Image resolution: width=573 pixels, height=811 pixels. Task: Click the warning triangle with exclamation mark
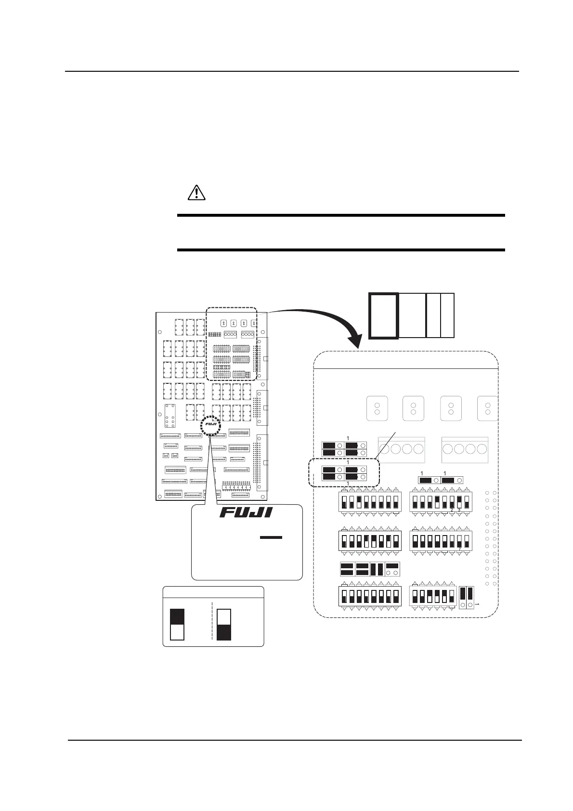click(196, 192)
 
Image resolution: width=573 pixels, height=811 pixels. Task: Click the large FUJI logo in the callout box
click(246, 512)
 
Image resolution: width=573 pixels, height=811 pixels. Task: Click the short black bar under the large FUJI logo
click(271, 537)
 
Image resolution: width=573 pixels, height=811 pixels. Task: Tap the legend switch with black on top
click(177, 624)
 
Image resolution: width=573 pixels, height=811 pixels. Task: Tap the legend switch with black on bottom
click(224, 625)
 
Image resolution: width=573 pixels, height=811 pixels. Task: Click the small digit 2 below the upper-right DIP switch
click(452, 510)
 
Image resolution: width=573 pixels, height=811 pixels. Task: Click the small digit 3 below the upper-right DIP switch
click(459, 510)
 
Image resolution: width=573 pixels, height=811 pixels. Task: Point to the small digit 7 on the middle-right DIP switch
click(460, 549)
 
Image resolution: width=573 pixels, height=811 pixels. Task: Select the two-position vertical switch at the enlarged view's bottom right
click(466, 597)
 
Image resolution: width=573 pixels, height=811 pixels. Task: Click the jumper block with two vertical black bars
click(377, 569)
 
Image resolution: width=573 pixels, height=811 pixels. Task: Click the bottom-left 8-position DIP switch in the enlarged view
click(370, 596)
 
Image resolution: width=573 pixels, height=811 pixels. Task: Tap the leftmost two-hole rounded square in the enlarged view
click(378, 408)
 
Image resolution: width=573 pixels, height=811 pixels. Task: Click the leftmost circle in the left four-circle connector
click(384, 449)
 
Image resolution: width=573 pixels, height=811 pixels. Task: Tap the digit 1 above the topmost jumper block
click(348, 438)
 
